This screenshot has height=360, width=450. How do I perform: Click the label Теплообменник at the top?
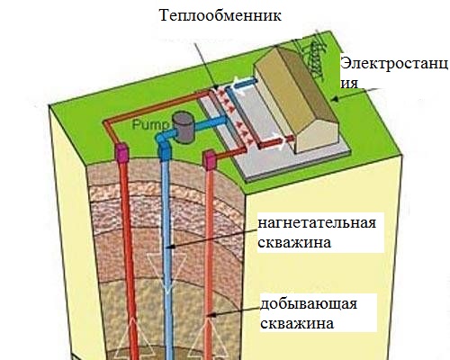coord(220,15)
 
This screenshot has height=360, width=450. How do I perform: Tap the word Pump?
coord(151,125)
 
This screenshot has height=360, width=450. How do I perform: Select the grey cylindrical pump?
coord(184,127)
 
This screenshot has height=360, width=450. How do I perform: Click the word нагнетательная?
coord(317,223)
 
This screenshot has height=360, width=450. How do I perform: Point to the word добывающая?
coord(309,304)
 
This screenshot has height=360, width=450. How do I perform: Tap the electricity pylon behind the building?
coord(315,60)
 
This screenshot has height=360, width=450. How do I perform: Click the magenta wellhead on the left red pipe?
coord(121,153)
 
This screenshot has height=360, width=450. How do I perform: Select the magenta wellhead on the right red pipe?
coord(209,161)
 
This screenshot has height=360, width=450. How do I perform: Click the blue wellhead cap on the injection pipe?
coord(164,151)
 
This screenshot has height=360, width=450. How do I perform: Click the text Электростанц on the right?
coord(394,64)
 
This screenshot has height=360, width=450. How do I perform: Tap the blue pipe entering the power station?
coord(245,84)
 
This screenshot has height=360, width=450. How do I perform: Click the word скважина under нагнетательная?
coord(294,243)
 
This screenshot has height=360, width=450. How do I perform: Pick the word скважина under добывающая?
coord(297,324)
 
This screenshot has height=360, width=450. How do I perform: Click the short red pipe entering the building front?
coord(276,142)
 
